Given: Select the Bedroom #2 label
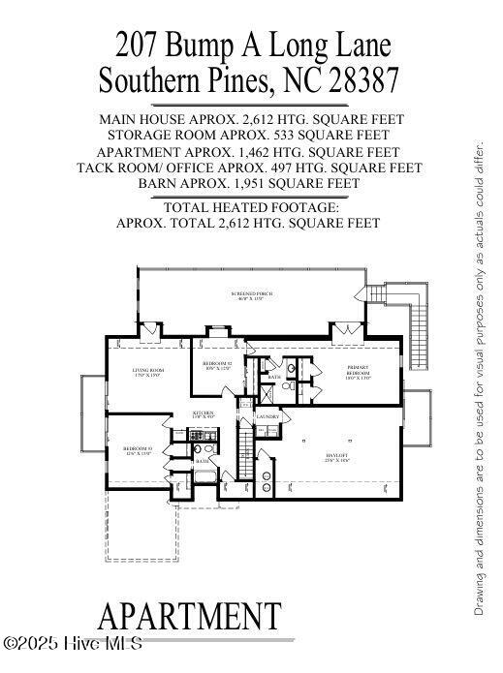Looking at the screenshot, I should click(217, 365).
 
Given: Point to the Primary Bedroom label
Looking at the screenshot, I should click(359, 373).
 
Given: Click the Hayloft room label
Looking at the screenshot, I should click(337, 459).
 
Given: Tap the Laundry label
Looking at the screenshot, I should click(267, 417).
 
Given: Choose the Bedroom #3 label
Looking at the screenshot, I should click(138, 450).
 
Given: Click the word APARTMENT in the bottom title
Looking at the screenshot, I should click(190, 616).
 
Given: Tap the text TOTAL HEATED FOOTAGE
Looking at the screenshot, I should click(251, 207).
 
